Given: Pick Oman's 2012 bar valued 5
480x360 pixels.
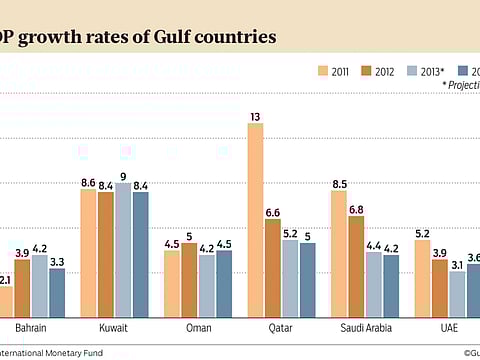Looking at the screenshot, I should click(188, 278).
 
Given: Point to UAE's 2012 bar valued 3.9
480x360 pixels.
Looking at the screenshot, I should click(438, 286).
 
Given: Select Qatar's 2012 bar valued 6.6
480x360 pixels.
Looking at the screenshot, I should click(272, 266).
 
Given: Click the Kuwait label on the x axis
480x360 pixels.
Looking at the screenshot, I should click(113, 328).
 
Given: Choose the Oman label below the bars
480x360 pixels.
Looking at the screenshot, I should click(197, 328).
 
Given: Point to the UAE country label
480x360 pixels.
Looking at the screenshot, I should click(447, 328).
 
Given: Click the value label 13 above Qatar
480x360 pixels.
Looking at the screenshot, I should click(255, 116).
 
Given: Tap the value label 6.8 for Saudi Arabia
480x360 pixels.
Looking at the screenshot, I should click(355, 208).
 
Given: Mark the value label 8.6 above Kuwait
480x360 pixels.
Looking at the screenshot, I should click(88, 182).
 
